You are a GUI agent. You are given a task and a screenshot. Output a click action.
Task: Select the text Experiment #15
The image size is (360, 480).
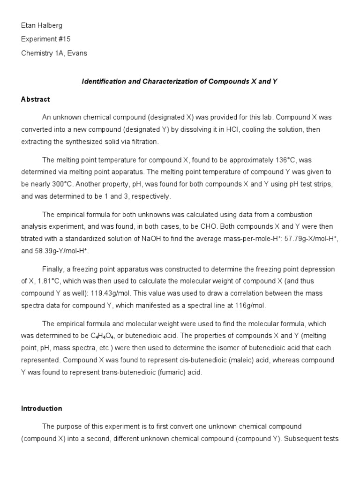[x=46, y=39]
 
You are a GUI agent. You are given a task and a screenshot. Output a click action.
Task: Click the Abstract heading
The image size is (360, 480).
[x=36, y=99]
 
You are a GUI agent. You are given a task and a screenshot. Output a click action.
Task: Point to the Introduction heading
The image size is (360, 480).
[x=42, y=408]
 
